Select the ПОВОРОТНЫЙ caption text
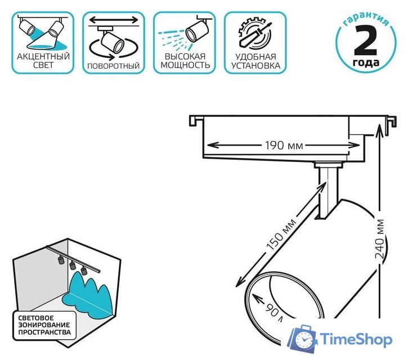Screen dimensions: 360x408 click(x=113, y=66)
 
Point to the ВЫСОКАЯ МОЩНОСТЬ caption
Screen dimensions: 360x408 click(x=185, y=61)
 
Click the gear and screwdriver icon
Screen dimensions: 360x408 click(x=253, y=32)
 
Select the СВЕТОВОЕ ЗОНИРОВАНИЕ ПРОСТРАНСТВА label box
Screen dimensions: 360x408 click(x=44, y=325)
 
